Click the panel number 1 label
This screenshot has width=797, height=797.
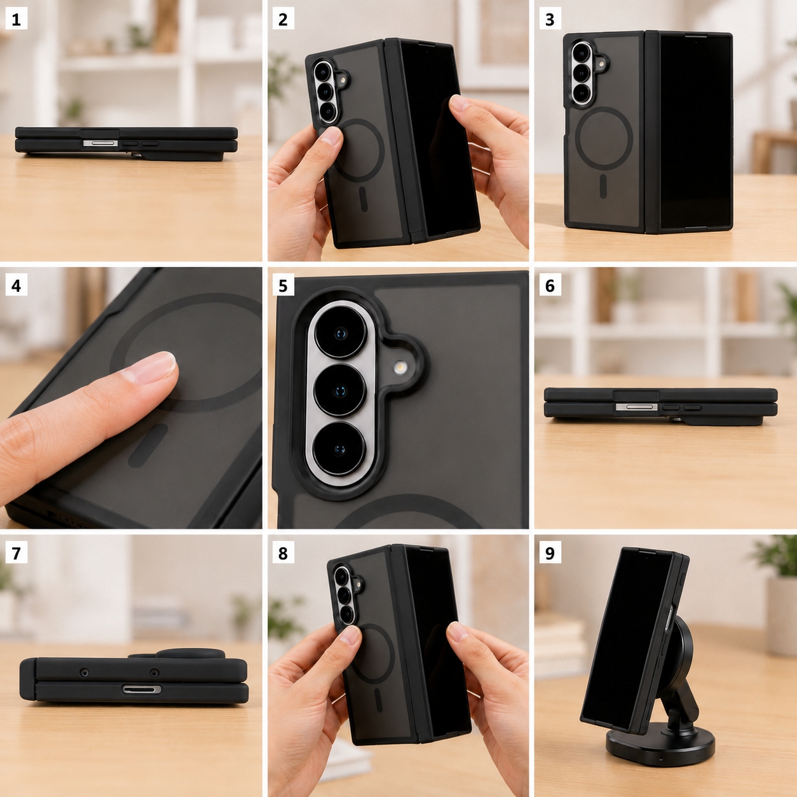16,19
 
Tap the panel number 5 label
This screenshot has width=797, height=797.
283,285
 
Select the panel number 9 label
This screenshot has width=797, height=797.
550,553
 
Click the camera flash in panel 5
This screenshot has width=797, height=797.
400,367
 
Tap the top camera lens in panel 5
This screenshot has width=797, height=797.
341,332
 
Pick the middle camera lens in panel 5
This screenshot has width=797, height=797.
340,390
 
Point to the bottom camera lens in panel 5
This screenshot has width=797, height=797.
339,449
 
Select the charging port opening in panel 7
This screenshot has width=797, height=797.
142,690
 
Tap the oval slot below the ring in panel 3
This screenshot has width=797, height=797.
603,186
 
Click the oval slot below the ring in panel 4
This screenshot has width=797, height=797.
147,446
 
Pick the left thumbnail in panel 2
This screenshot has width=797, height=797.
331,136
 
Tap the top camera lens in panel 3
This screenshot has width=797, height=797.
582,53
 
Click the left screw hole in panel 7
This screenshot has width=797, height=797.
85,673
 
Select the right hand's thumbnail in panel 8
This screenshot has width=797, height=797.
456,632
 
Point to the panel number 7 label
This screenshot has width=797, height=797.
16,553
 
